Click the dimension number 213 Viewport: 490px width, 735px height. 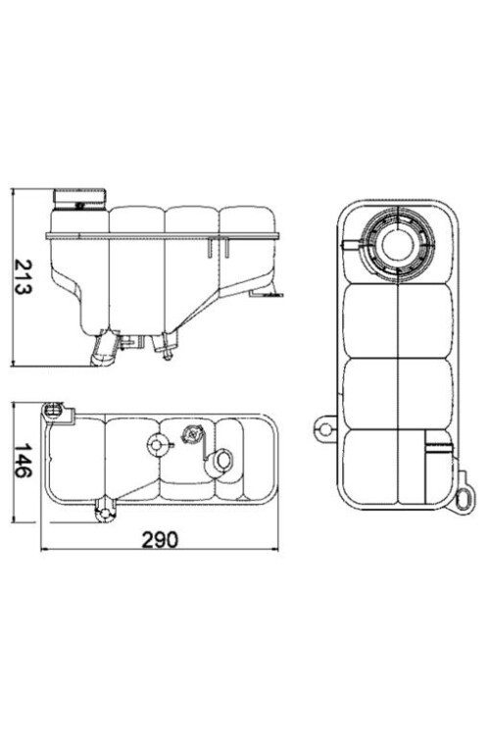26,277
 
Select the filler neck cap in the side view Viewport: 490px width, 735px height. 78,199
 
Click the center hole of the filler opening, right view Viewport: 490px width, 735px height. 397,245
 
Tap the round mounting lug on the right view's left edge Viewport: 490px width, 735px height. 323,427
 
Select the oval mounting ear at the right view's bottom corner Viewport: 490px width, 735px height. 465,499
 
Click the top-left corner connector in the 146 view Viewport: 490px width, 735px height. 53,409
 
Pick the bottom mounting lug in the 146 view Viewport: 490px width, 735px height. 103,510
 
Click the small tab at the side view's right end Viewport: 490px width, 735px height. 266,291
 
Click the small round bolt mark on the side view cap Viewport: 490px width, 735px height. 78,205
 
